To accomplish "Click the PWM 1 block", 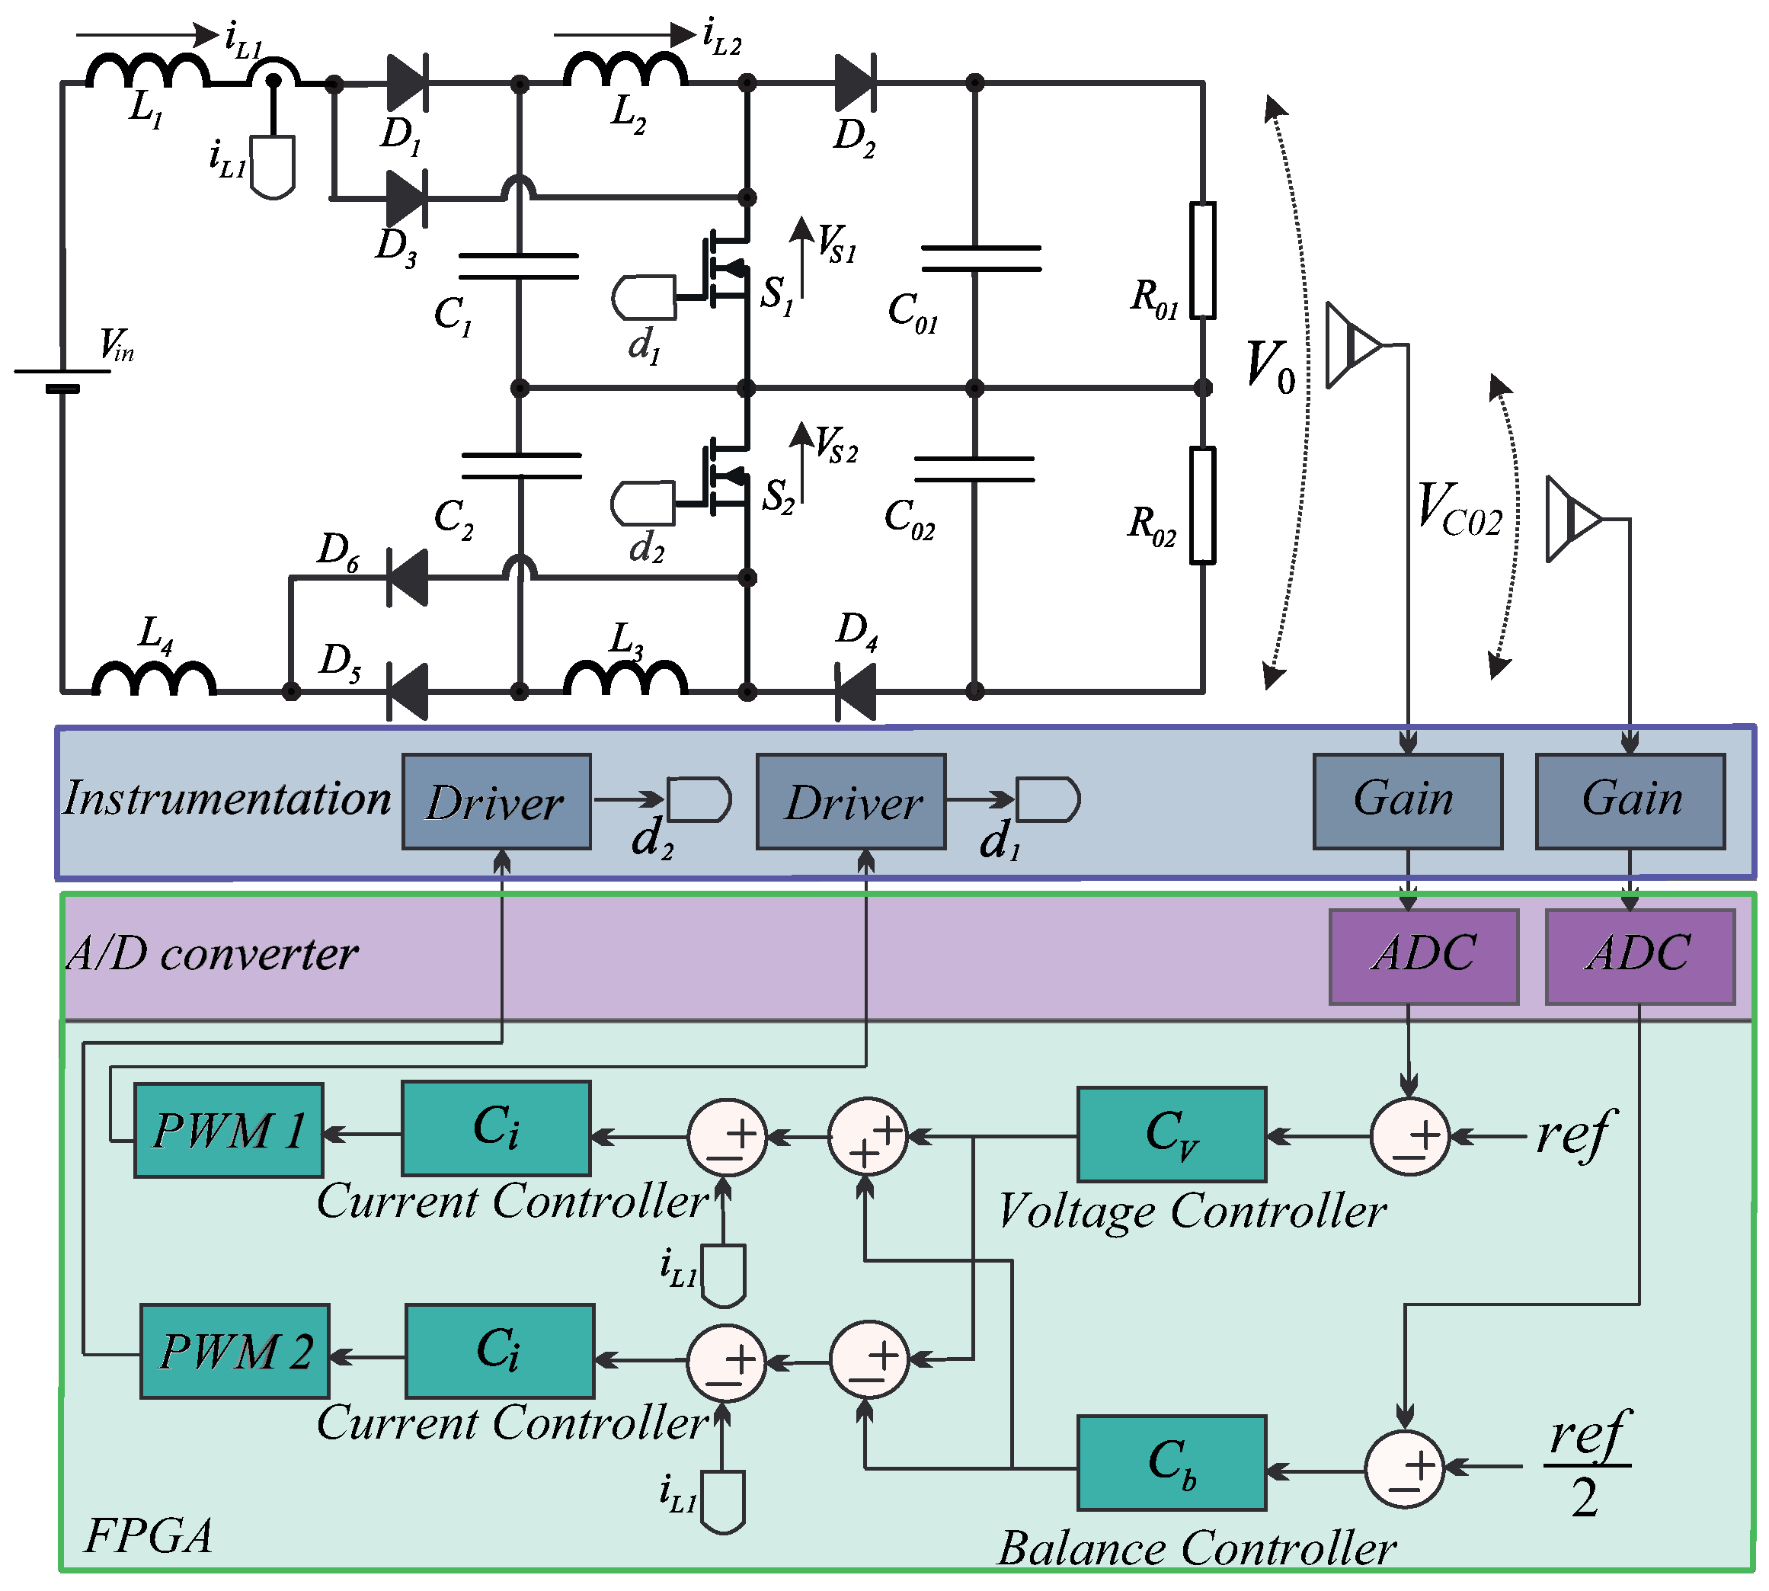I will [228, 1130].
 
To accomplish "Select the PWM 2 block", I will [234, 1352].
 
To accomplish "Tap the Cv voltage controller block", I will [1171, 1135].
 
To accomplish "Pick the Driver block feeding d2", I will [495, 802].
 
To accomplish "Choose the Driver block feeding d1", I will [851, 802].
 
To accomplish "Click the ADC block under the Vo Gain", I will [1423, 956].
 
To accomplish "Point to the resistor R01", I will [1203, 260].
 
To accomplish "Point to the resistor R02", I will [1203, 504].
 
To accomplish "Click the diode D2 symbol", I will [854, 84].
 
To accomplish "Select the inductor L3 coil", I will [625, 678].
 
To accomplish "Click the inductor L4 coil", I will [154, 678].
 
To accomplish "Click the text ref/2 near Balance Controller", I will [1586, 1465].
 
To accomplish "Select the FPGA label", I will [149, 1536].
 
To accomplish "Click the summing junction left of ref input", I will [1409, 1136].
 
